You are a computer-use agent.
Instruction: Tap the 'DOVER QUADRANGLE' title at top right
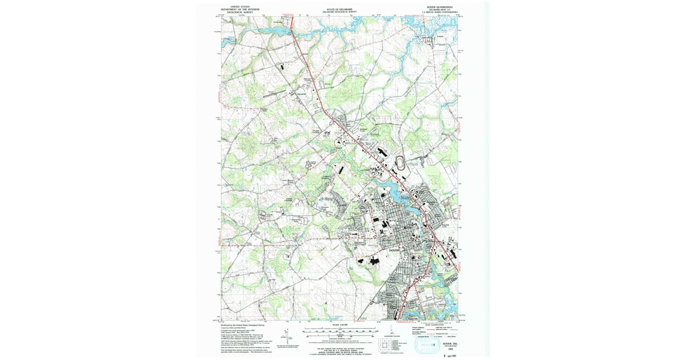coord(439,7)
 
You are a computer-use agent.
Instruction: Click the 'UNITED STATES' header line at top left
coord(238,7)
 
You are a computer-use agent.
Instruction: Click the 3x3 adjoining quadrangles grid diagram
coord(382,345)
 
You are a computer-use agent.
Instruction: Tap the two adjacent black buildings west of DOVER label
coord(370,261)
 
